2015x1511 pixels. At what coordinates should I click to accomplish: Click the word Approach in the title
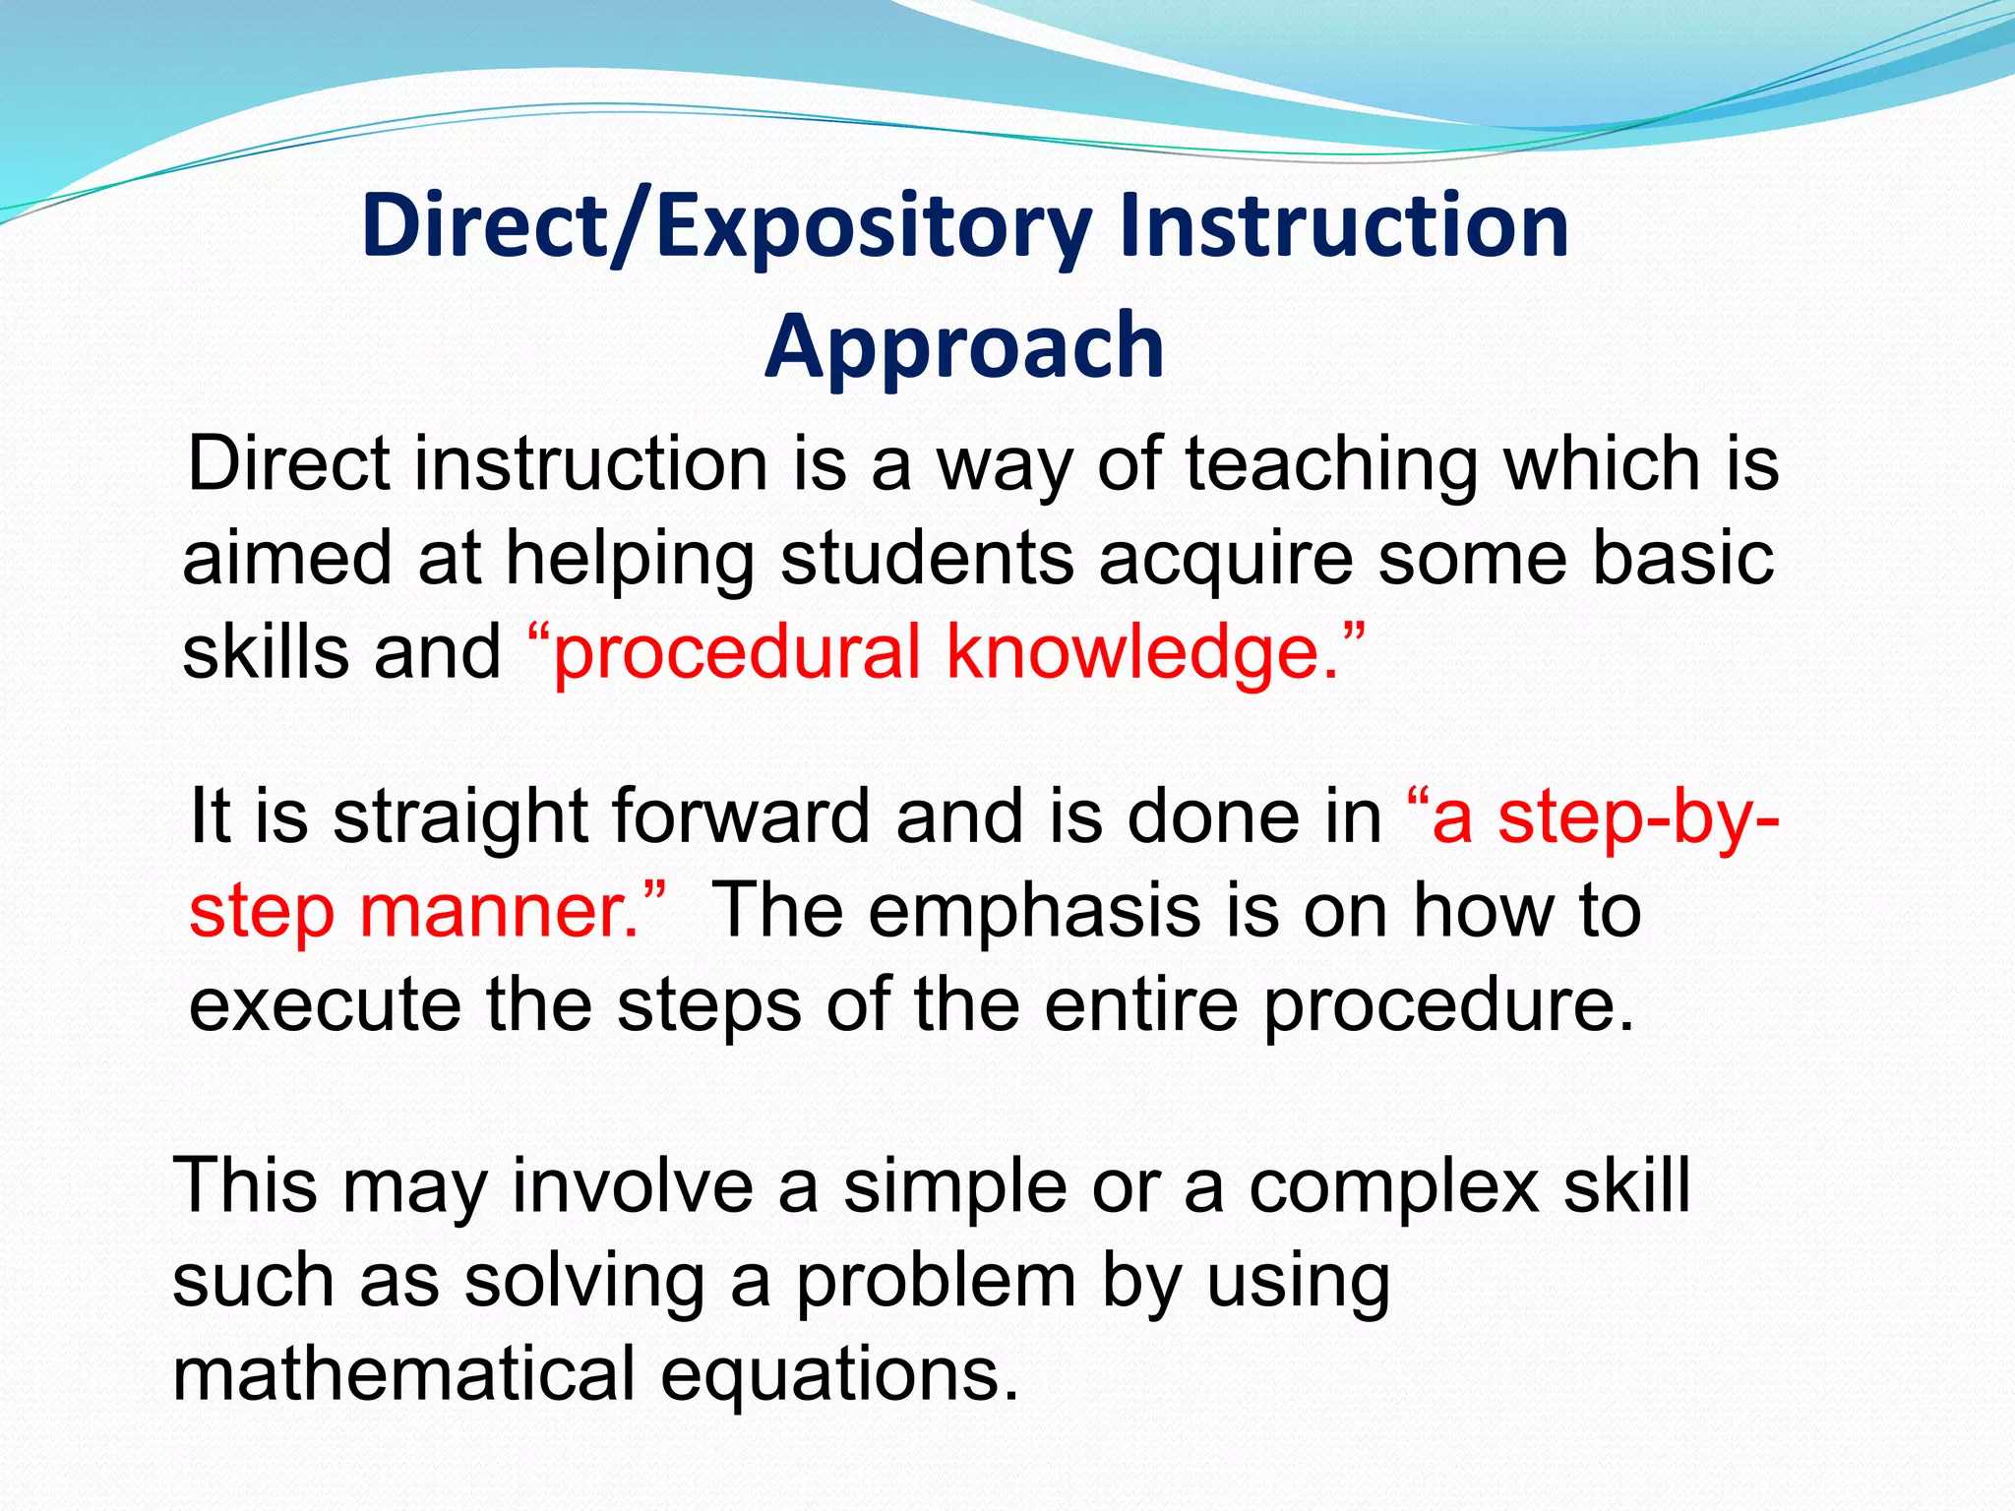click(x=964, y=346)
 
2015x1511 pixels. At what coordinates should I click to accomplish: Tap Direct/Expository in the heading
click(x=726, y=226)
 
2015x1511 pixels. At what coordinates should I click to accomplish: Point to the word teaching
click(x=1330, y=464)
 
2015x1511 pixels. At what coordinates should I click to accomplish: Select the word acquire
click(x=1225, y=558)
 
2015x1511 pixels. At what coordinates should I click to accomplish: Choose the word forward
click(x=740, y=816)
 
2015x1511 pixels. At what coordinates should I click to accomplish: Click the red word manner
click(x=500, y=910)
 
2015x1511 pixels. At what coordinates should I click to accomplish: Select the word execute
click(x=325, y=1004)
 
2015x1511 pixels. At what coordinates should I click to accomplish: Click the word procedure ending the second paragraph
click(x=1446, y=1006)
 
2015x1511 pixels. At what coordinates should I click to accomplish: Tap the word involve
click(x=633, y=1185)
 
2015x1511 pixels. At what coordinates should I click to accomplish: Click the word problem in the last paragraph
click(x=936, y=1281)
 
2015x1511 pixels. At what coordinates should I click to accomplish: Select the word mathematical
click(x=403, y=1373)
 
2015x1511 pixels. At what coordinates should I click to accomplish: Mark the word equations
click(x=838, y=1375)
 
